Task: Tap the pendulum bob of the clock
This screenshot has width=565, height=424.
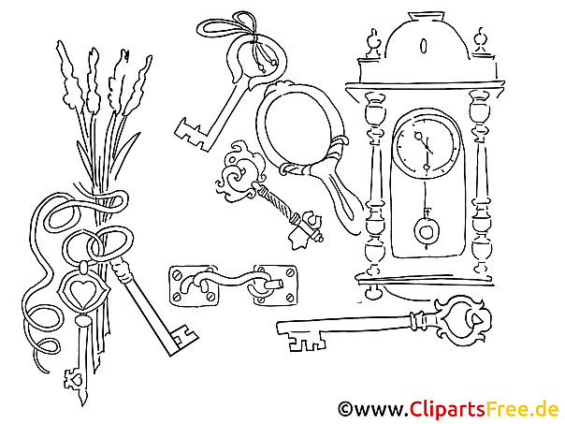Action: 427,231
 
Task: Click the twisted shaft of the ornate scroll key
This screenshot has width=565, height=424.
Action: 278,203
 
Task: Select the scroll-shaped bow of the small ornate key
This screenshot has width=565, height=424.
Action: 239,172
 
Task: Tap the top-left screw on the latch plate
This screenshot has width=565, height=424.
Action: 176,275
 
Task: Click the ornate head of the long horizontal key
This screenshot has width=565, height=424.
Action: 461,320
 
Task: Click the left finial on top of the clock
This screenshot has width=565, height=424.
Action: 373,42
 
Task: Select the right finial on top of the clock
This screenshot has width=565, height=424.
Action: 480,40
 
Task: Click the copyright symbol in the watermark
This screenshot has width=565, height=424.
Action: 345,409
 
